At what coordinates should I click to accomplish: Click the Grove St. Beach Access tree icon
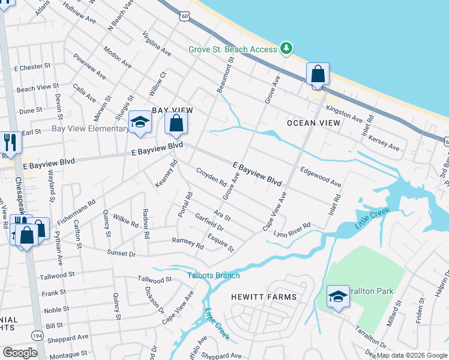pyautogui.click(x=287, y=49)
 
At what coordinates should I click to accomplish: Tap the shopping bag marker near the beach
pyautogui.click(x=318, y=75)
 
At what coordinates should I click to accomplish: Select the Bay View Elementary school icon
pyautogui.click(x=140, y=123)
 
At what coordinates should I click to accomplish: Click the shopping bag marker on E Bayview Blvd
pyautogui.click(x=176, y=124)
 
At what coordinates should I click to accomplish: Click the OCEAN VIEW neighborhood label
pyautogui.click(x=313, y=123)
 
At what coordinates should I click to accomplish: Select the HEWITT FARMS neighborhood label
pyautogui.click(x=264, y=297)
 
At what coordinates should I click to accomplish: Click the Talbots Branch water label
pyautogui.click(x=213, y=275)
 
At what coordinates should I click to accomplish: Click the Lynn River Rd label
pyautogui.click(x=292, y=229)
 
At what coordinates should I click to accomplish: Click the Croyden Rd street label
pyautogui.click(x=211, y=175)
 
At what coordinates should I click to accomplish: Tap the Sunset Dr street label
pyautogui.click(x=122, y=253)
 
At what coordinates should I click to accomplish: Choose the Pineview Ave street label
pyautogui.click(x=89, y=67)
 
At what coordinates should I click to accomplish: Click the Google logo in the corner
pyautogui.click(x=20, y=353)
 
